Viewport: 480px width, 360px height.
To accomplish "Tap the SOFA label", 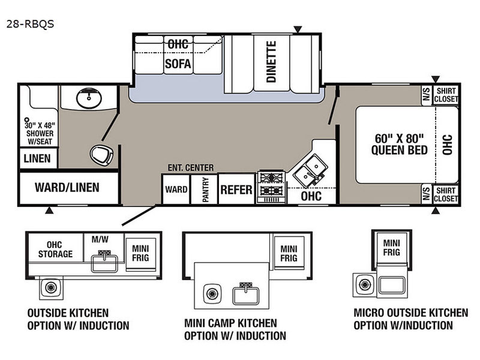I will click(178, 64).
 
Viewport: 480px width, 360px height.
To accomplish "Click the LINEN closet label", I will click(38, 159).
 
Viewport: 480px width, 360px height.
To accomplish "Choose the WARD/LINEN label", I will click(67, 187).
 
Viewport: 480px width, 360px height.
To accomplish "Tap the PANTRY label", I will click(205, 190).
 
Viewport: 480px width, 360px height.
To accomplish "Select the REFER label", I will click(236, 190).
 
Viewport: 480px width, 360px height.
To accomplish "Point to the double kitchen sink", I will click(311, 166).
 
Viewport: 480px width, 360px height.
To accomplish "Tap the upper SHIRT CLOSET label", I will click(446, 95).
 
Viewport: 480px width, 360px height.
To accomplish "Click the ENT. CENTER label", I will click(191, 167).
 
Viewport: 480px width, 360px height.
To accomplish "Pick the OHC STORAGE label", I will click(55, 249).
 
